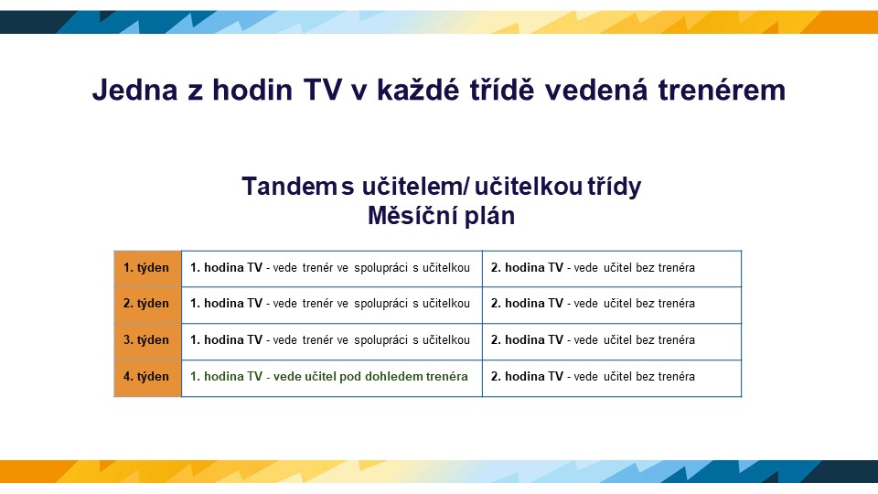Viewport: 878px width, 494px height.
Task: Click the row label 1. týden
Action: click(x=146, y=268)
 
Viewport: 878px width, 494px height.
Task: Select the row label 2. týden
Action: click(x=146, y=304)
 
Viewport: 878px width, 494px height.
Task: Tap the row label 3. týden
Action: click(x=146, y=340)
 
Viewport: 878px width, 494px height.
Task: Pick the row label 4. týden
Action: click(x=146, y=376)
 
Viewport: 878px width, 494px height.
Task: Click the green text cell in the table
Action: click(x=329, y=376)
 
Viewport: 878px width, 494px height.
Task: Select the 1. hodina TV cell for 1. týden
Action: click(x=330, y=268)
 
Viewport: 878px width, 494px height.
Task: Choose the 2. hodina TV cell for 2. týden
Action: click(x=593, y=304)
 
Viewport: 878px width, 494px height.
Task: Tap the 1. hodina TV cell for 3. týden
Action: click(x=330, y=340)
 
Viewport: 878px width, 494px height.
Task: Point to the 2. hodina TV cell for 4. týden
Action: click(x=593, y=376)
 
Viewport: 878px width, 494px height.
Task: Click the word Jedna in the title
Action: click(x=135, y=91)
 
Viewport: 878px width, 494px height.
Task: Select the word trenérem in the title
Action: click(x=722, y=91)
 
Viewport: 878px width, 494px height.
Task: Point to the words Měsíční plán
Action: click(x=441, y=216)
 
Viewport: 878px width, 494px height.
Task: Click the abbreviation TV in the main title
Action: click(x=323, y=91)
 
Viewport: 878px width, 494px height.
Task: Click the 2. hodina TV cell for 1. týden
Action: click(x=593, y=268)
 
